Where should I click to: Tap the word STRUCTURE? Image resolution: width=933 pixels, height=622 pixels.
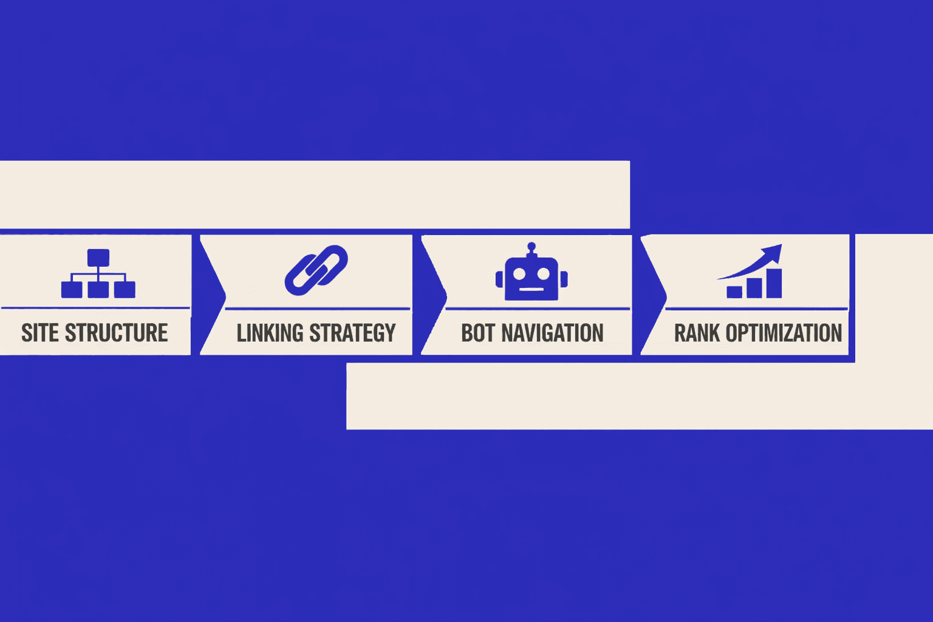pos(116,333)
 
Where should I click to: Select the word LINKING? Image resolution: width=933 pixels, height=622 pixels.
pos(270,333)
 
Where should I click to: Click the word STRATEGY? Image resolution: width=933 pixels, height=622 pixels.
pos(352,333)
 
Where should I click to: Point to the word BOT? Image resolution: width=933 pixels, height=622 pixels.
pos(478,333)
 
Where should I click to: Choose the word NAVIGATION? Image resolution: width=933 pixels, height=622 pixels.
pos(552,333)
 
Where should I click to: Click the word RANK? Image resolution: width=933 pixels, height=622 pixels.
pos(697,333)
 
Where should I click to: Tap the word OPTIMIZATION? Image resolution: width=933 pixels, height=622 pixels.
pos(784,333)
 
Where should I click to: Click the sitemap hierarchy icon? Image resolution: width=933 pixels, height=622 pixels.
pos(98,273)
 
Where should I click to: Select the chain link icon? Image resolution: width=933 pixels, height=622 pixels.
pos(316,270)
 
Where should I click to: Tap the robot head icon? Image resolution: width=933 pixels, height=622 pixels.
pos(531,277)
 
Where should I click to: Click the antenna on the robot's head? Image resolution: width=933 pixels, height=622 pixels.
pos(531,248)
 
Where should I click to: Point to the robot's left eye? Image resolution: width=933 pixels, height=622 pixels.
pos(519,274)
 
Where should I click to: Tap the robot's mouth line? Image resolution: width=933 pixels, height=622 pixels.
pos(531,289)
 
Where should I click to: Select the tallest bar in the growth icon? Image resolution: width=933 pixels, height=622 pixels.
pos(774,283)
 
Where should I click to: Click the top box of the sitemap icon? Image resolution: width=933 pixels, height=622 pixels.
pos(98,258)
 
